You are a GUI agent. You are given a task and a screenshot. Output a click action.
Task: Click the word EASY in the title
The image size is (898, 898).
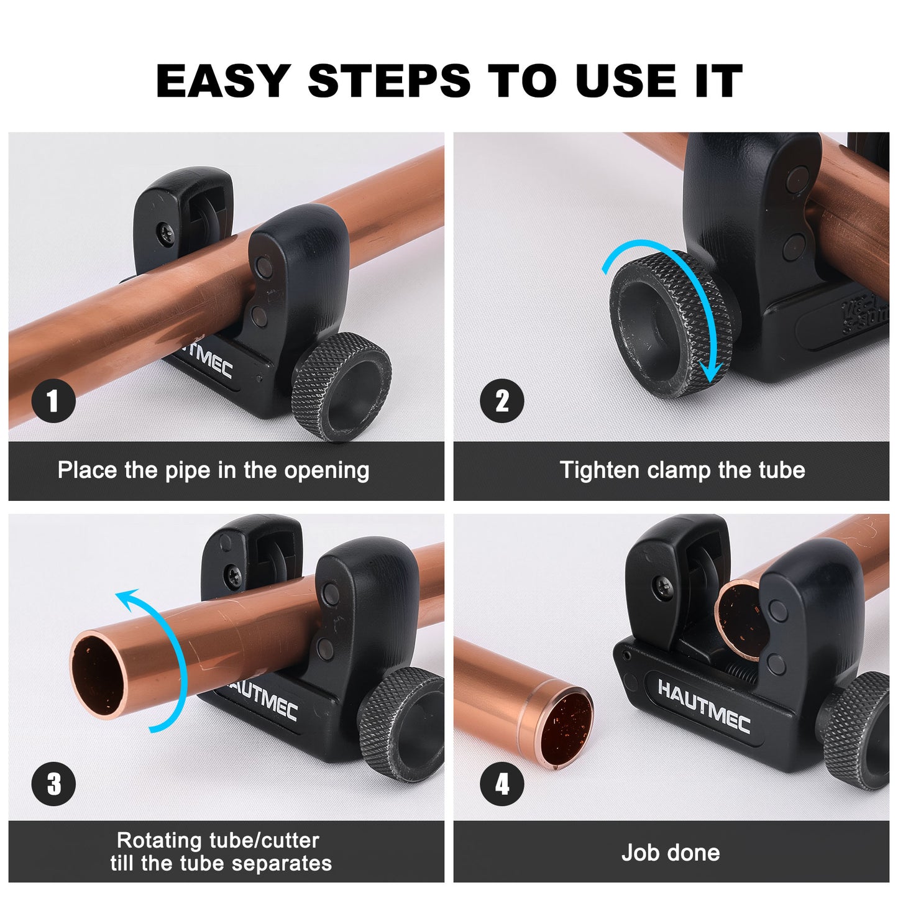[222, 81]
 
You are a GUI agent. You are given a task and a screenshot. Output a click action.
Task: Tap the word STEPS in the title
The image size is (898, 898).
[389, 81]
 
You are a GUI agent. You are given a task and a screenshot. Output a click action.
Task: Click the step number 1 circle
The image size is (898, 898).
[53, 401]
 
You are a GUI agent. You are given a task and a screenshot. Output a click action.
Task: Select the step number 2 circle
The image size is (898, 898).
[502, 401]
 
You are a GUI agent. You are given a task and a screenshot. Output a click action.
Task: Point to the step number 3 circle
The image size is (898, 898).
[53, 784]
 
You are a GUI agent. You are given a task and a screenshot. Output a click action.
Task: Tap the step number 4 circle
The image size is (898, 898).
[502, 784]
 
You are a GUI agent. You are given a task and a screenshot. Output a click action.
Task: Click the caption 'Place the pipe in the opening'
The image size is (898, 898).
[213, 470]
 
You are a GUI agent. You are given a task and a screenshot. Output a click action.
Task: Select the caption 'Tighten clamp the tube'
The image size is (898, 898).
[682, 470]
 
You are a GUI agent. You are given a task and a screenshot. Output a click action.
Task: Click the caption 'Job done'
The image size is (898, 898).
[671, 853]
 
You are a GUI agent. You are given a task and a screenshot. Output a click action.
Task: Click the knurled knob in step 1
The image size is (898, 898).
[342, 385]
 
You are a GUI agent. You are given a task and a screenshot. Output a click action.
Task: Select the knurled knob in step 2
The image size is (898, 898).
[668, 323]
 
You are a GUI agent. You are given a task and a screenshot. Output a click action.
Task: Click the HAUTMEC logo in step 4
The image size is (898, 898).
[703, 706]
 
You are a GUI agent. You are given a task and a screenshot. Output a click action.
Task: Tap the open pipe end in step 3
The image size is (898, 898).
[98, 675]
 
